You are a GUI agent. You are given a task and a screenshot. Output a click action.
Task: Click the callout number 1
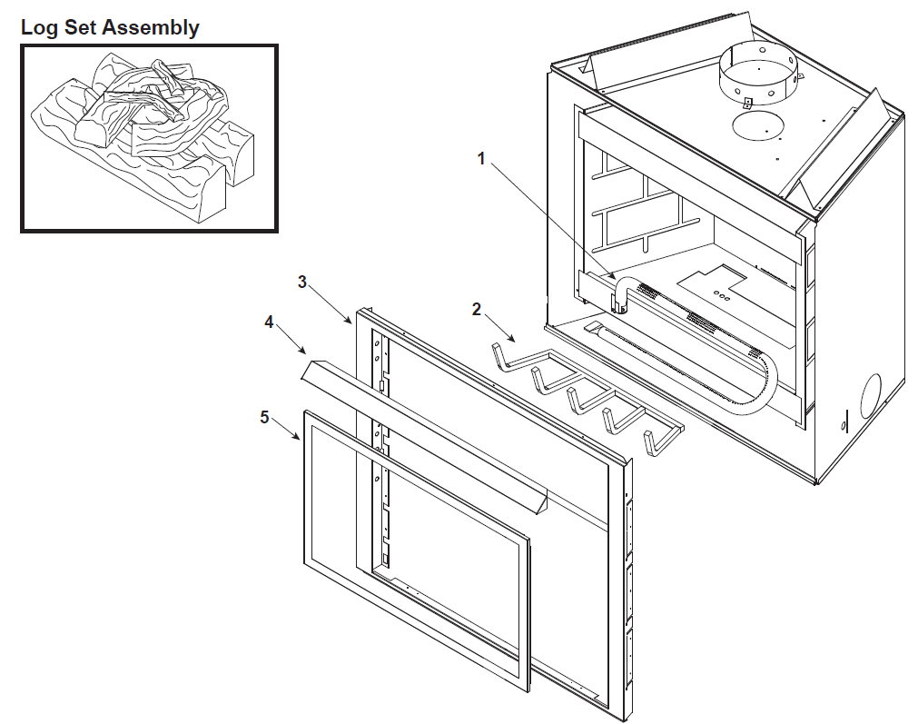click(482, 158)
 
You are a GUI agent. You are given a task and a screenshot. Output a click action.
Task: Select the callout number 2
click(477, 308)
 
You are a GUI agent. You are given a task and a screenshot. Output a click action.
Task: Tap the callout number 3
click(303, 282)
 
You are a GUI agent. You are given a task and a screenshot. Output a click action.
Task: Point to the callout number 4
click(269, 322)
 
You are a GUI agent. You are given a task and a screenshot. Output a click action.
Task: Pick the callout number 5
click(264, 417)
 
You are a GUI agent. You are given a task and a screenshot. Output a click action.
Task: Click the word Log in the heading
click(40, 27)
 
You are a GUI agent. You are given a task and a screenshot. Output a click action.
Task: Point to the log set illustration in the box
click(149, 137)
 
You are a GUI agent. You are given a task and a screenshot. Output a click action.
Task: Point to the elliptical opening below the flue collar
click(761, 126)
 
